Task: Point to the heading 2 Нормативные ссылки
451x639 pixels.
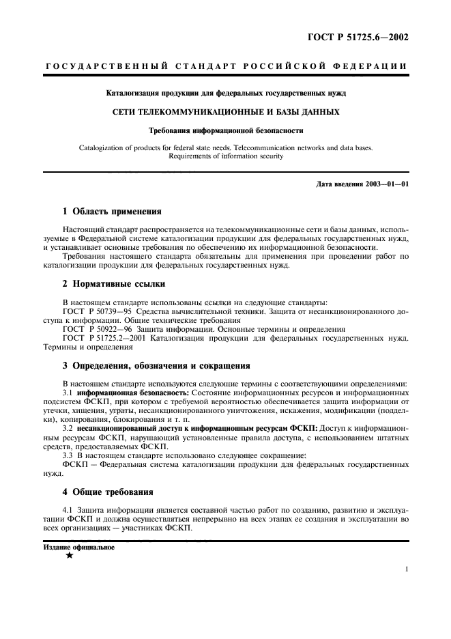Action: coord(113,283)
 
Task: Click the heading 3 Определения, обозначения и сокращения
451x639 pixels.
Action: coord(156,365)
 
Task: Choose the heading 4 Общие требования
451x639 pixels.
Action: coord(108,492)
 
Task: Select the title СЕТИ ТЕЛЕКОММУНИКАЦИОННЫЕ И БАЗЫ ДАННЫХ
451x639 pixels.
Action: coord(225,111)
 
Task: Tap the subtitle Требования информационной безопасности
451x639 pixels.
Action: coord(225,129)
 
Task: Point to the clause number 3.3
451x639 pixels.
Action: coord(68,455)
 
